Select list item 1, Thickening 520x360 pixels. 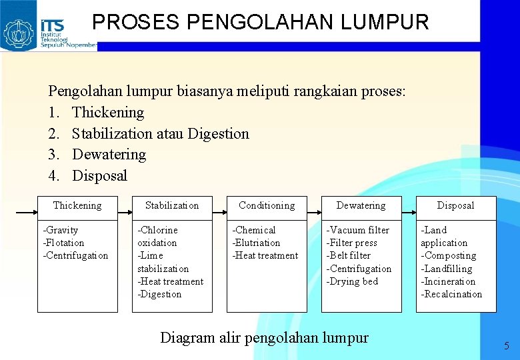click(x=107, y=112)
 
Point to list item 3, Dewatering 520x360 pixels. click(x=109, y=154)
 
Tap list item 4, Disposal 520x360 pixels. click(x=99, y=175)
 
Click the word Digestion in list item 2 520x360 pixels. click(x=218, y=133)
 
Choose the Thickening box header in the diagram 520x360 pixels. click(x=77, y=205)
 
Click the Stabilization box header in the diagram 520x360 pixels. click(x=172, y=205)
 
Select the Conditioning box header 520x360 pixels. click(x=267, y=205)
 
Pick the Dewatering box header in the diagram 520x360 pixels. click(x=361, y=205)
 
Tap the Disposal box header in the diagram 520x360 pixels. click(x=456, y=205)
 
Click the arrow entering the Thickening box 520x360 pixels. click(x=25, y=214)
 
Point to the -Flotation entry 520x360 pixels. click(x=64, y=243)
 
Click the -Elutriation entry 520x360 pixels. click(x=256, y=243)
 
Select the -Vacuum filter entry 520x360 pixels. click(x=357, y=230)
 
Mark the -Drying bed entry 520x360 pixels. click(x=352, y=281)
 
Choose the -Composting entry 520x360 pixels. click(x=448, y=255)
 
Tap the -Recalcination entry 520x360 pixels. click(x=451, y=294)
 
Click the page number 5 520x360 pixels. click(x=506, y=346)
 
